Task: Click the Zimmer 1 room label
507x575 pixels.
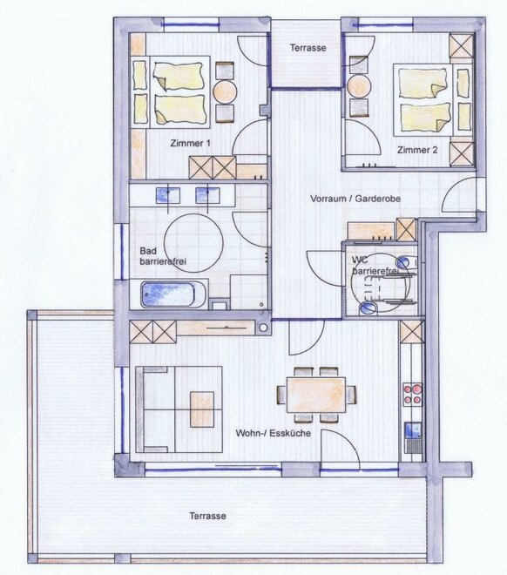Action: [x=190, y=144]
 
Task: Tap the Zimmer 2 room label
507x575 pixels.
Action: [x=417, y=150]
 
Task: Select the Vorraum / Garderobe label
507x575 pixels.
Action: [x=355, y=199]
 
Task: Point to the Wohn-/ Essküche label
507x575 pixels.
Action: [x=274, y=433]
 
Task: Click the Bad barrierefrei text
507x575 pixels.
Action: [x=163, y=256]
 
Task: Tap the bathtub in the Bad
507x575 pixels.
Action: [x=168, y=294]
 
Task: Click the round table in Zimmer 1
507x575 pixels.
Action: [x=225, y=91]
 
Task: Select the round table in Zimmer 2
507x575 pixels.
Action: [x=359, y=86]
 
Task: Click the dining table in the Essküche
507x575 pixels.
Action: [x=316, y=395]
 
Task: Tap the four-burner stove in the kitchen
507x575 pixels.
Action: [x=412, y=394]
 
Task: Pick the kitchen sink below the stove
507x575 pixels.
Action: [x=414, y=430]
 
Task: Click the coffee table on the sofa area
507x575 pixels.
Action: [x=202, y=409]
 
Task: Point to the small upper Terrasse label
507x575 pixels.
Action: [x=308, y=48]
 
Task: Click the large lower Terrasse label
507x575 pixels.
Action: [x=207, y=516]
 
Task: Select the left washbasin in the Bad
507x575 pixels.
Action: [x=168, y=195]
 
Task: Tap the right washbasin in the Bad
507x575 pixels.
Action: [x=207, y=195]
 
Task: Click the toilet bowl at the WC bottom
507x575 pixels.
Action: [x=368, y=308]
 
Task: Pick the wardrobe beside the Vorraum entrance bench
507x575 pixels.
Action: [x=407, y=229]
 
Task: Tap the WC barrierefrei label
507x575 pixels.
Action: [x=373, y=265]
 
